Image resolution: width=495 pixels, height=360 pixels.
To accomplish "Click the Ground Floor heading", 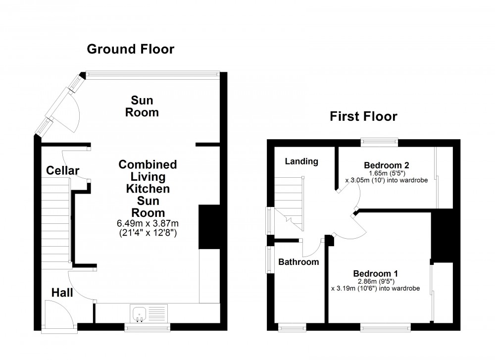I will (x=131, y=49).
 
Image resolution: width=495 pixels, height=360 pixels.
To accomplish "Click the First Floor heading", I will (x=363, y=117).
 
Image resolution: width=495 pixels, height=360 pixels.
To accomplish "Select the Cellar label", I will (x=63, y=171).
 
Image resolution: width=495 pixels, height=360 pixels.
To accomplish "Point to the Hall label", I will (x=62, y=293).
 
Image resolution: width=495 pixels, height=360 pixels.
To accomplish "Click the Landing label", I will (x=302, y=161).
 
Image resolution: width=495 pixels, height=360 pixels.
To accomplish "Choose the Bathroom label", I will (x=298, y=262).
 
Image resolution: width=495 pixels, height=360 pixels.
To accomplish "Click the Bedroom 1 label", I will (x=376, y=273).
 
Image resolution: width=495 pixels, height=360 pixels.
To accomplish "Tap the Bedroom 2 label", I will (x=386, y=165).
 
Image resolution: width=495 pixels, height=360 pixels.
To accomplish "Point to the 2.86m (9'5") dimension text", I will (x=376, y=281).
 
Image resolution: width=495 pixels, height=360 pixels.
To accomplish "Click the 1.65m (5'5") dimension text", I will (x=386, y=173).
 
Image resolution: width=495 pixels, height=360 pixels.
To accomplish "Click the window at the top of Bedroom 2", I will (x=379, y=142).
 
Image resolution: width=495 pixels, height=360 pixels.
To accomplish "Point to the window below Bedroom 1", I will (x=385, y=327).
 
